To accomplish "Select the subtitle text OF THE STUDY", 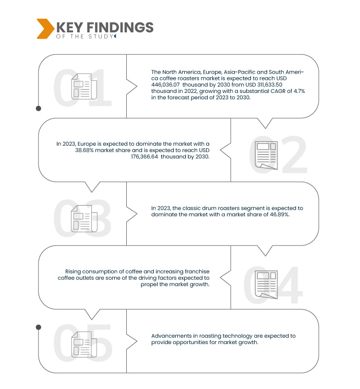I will (84, 37).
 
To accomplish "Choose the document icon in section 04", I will (266, 282).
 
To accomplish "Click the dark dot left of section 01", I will (38, 108).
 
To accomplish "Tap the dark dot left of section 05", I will (38, 327).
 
